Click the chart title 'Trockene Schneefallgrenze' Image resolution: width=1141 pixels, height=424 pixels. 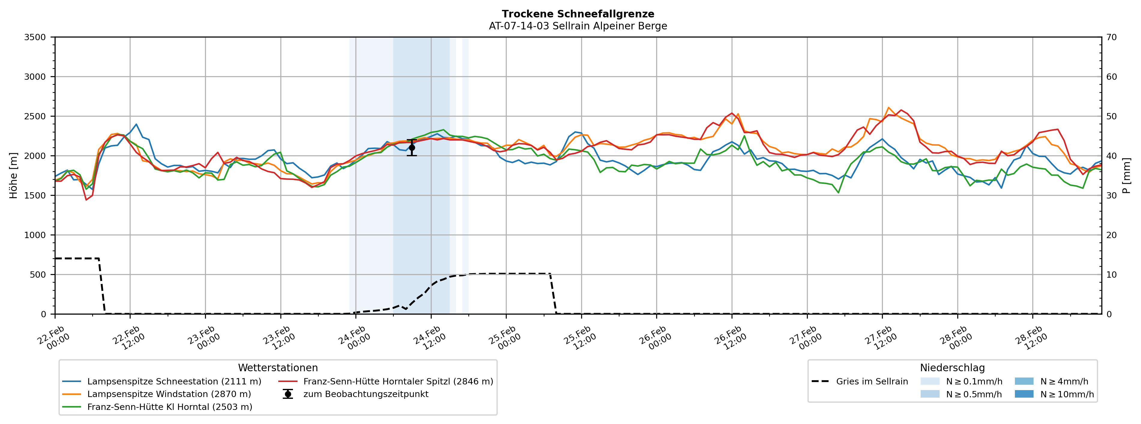click(578, 14)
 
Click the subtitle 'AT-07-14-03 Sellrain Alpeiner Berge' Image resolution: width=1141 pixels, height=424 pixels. click(578, 26)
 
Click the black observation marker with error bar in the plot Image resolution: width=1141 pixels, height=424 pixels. click(412, 148)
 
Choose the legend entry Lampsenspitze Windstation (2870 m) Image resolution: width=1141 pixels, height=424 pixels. click(169, 394)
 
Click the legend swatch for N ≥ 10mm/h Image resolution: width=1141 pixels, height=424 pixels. click(1024, 394)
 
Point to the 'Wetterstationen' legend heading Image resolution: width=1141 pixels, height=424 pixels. click(278, 368)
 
